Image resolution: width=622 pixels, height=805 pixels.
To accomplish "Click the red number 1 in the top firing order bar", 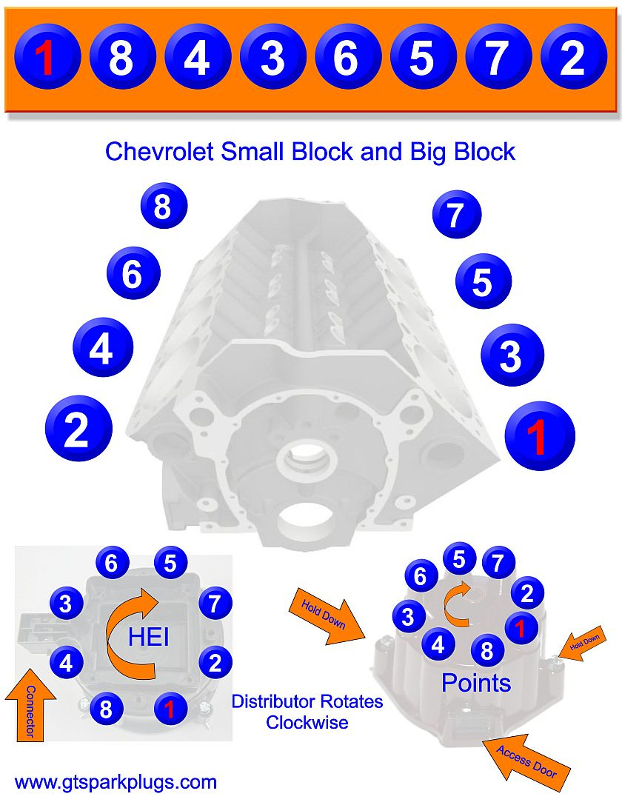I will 46,57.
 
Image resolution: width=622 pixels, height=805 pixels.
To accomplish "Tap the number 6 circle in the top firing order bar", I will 347,57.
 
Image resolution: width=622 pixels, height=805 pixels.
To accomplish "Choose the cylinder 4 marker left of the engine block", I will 102,347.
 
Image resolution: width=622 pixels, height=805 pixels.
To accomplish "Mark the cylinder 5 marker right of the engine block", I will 483,281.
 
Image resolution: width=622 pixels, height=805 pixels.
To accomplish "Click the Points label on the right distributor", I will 476,682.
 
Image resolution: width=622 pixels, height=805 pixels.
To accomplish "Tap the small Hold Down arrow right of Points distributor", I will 585,643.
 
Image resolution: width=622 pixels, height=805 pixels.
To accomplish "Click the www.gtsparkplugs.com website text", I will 116,782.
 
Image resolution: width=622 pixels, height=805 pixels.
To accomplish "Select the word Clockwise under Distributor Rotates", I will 307,722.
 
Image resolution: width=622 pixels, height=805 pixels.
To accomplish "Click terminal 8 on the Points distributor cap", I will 486,651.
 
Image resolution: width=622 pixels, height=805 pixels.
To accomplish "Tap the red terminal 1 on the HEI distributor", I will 170,709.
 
